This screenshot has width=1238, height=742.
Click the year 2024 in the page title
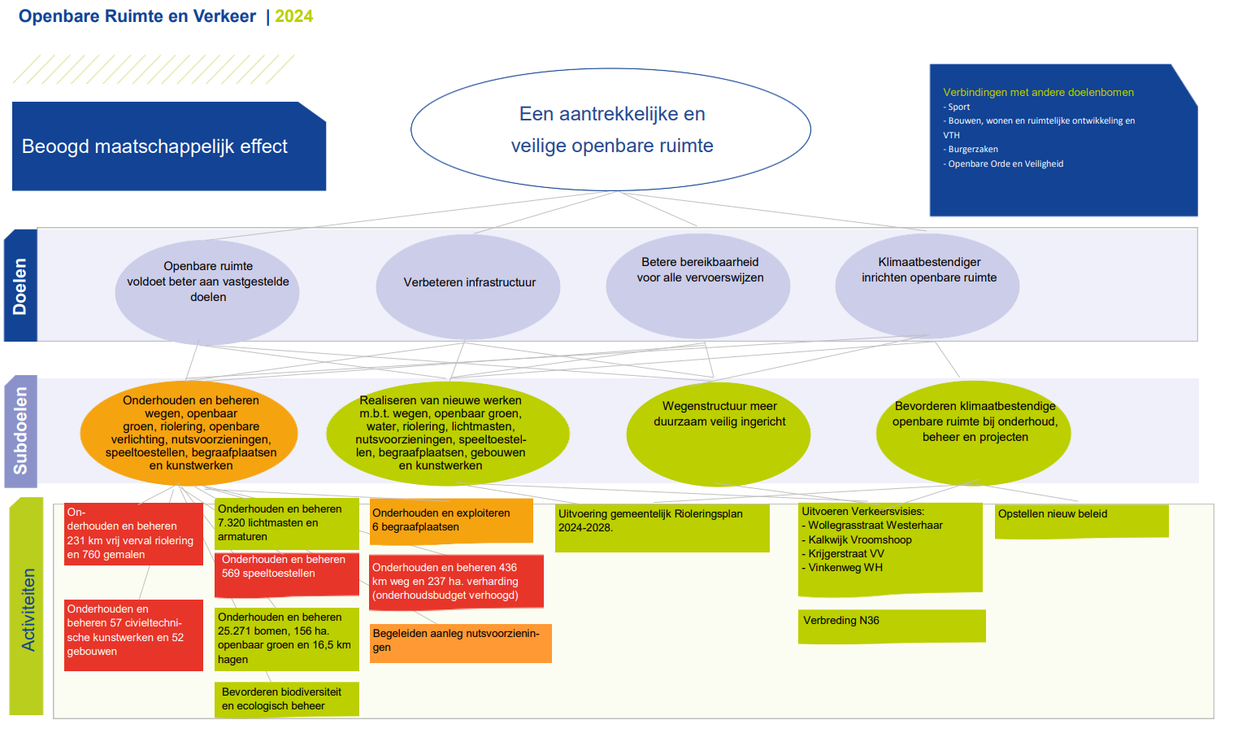[x=293, y=16]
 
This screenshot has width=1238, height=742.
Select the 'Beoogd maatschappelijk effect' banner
[x=168, y=146]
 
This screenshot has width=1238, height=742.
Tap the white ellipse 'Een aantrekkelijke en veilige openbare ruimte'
[x=610, y=129]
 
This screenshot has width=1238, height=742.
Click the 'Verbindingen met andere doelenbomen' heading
[x=1038, y=93]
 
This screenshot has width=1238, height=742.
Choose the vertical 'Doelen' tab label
[x=20, y=286]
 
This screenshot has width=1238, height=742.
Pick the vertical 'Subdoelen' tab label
[x=20, y=431]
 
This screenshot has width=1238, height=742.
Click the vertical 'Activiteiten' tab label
[x=27, y=609]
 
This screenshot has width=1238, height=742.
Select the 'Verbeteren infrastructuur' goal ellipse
[x=468, y=286]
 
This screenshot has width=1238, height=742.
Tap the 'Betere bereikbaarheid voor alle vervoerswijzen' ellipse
[x=698, y=286]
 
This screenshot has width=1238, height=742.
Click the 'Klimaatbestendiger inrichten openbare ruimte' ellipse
[x=927, y=286]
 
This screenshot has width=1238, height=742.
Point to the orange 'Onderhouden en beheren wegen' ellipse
[x=189, y=433]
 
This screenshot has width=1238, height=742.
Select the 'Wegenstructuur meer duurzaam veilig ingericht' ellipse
[x=719, y=434]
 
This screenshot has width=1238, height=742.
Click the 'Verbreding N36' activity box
[x=892, y=626]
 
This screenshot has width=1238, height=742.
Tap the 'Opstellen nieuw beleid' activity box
[x=1082, y=521]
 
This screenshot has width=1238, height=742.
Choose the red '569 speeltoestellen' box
[x=287, y=575]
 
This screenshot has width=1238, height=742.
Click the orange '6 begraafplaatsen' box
[x=451, y=521]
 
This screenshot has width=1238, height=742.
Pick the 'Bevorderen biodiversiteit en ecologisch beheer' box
[x=287, y=700]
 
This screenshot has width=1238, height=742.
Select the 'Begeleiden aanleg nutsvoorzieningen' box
[x=460, y=643]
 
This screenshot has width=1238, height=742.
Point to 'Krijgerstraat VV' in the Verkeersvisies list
[x=843, y=553]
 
